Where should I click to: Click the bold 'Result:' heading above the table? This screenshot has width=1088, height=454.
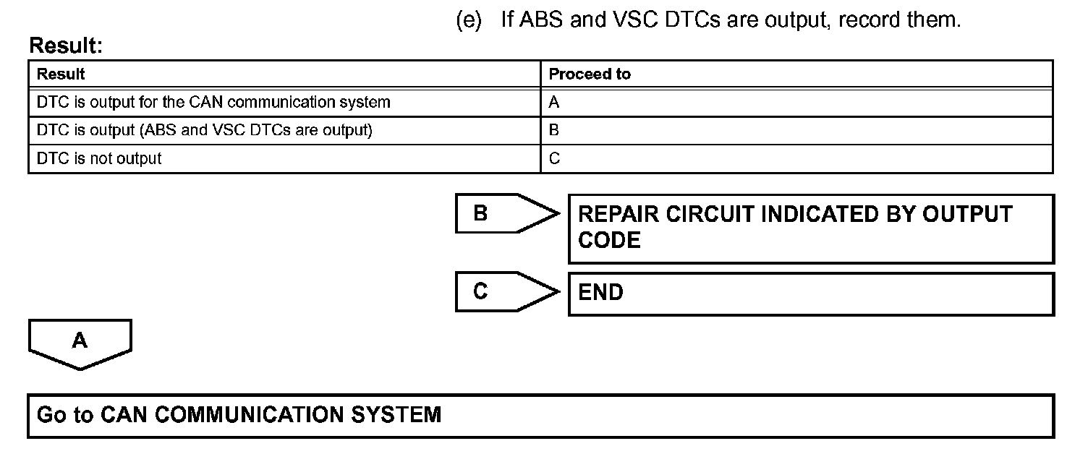coord(66,46)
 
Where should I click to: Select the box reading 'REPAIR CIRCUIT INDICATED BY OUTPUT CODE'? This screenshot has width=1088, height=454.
coord(810,228)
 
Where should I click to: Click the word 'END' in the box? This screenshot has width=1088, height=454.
coord(600,293)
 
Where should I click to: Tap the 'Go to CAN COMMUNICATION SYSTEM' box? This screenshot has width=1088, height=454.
coord(540,416)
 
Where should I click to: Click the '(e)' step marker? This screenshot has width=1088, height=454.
coord(469,20)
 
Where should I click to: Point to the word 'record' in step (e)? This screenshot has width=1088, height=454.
coord(869,20)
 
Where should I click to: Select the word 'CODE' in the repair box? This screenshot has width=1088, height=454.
coord(609,241)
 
